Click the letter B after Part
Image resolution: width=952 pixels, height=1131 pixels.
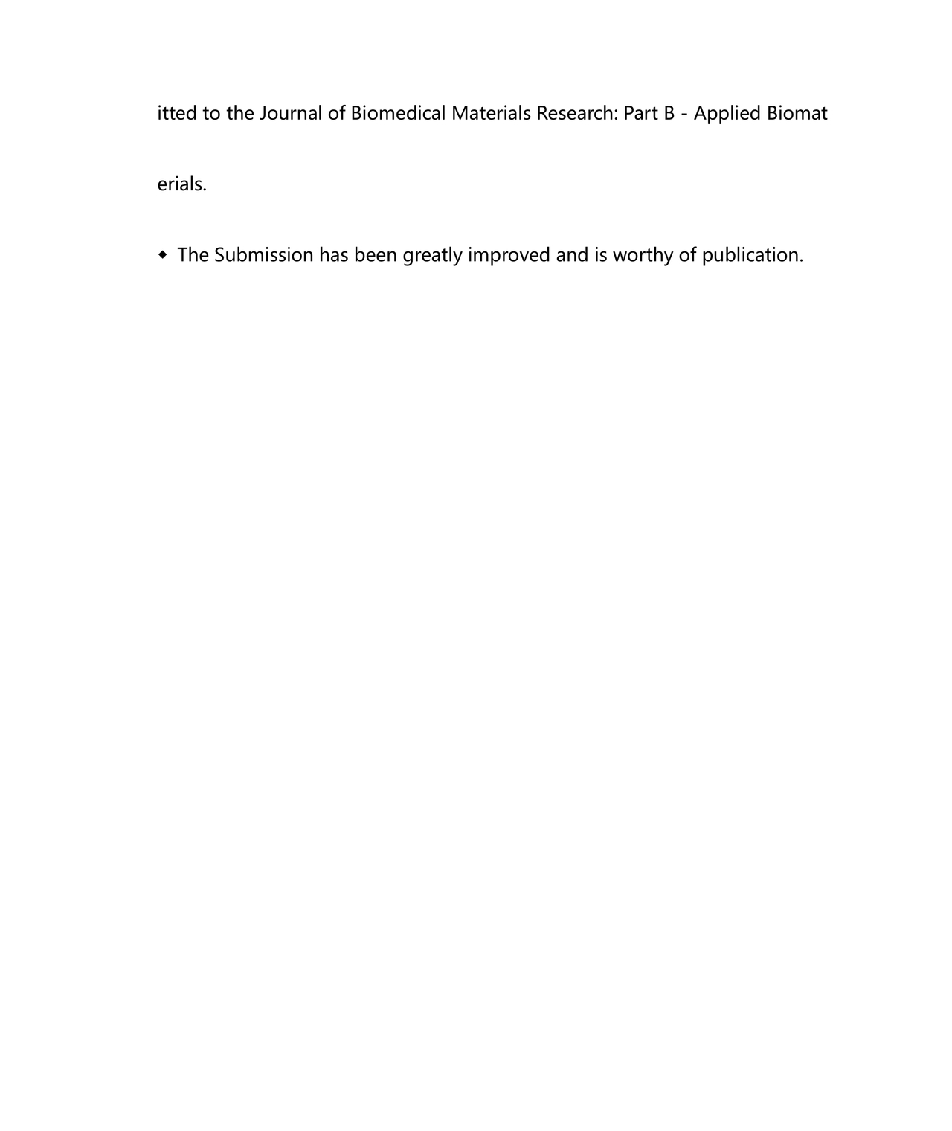coord(669,114)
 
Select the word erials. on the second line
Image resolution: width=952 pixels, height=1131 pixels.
coord(181,184)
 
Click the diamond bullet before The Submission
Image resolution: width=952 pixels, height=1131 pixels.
coord(163,255)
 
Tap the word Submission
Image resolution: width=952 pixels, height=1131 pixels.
coord(263,255)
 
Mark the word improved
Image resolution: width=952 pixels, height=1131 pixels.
coord(509,255)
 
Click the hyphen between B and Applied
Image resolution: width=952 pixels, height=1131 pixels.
coord(684,114)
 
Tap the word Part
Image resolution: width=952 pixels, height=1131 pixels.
coord(640,114)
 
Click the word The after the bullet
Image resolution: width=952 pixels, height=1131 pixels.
coord(193,255)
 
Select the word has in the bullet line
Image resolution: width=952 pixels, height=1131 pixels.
coord(333,255)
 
